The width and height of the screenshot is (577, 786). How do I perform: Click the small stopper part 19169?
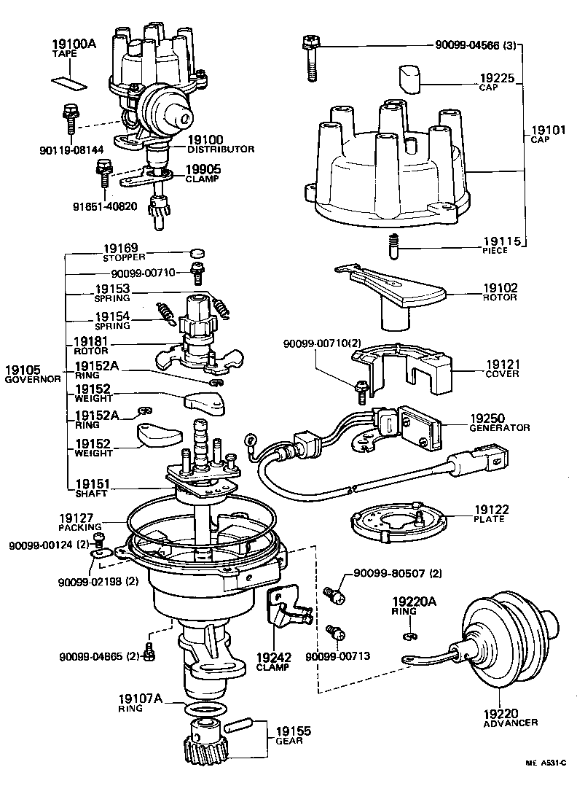[195, 253]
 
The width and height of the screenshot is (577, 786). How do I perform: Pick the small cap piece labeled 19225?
[409, 79]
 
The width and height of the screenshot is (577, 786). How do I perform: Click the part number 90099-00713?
[338, 656]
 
